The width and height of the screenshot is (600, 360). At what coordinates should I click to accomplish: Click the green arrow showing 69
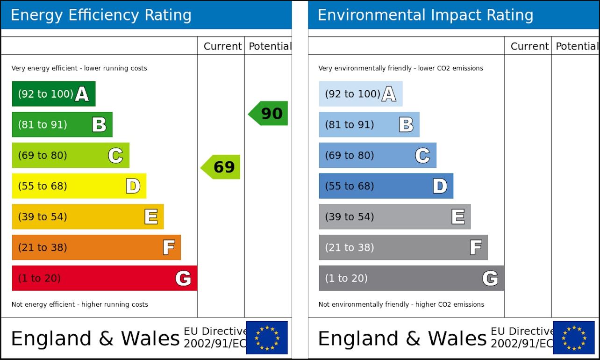(221, 167)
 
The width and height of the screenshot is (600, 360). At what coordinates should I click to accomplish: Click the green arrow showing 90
(269, 114)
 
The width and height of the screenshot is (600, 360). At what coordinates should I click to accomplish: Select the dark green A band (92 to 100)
(53, 94)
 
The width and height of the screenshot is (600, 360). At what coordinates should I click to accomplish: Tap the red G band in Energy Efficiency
(104, 278)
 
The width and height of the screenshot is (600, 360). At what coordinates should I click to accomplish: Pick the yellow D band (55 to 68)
(79, 186)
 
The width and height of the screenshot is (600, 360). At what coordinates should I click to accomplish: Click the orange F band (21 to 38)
(96, 247)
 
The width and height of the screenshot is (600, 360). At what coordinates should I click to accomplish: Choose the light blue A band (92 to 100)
(360, 94)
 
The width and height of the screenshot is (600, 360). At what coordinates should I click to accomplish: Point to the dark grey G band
(411, 278)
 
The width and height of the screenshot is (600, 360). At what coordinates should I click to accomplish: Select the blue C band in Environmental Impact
(377, 155)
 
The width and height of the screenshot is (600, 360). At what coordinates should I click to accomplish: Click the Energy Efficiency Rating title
(101, 15)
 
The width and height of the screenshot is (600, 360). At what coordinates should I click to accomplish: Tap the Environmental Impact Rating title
(425, 15)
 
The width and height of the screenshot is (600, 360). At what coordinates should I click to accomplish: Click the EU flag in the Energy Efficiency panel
(267, 338)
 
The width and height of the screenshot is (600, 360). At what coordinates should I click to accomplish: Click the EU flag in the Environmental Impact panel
(574, 338)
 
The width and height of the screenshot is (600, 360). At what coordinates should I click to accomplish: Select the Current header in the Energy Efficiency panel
(222, 46)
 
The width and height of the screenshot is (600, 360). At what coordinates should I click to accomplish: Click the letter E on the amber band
(151, 217)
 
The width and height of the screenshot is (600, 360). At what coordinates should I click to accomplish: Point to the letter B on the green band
(99, 125)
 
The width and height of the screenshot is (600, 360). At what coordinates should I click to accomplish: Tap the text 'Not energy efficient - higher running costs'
(80, 304)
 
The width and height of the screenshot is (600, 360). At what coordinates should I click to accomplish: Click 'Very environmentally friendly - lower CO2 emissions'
(401, 68)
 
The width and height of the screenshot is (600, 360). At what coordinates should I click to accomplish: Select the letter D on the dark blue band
(440, 186)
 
